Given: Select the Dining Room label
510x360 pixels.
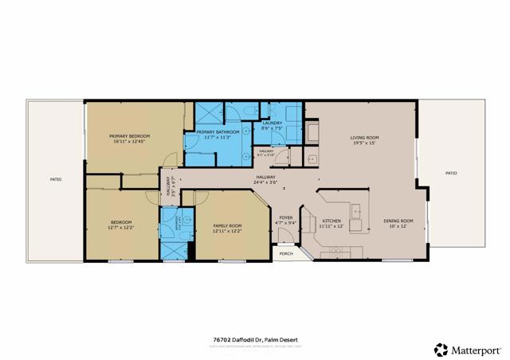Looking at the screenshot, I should tap(398, 221).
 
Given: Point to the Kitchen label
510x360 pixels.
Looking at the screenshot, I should tap(331, 221).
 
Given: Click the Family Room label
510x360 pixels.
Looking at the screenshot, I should tap(227, 225).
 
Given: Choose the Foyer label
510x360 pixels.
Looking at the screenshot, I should tap(286, 217).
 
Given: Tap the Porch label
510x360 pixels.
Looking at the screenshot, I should tap(286, 254).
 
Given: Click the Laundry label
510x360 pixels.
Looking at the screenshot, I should tap(273, 123).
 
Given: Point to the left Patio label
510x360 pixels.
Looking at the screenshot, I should tap(55, 179).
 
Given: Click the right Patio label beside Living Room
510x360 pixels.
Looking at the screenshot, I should tap(451, 173).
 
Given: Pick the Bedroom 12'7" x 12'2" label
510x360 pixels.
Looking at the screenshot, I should tap(121, 221).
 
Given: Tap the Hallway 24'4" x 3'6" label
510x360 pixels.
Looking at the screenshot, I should tap(265, 177).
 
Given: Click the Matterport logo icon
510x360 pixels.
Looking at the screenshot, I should tap(441, 349).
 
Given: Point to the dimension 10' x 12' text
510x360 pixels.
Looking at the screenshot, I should tap(398, 226).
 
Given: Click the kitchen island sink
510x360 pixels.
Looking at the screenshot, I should tap(355, 212).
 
